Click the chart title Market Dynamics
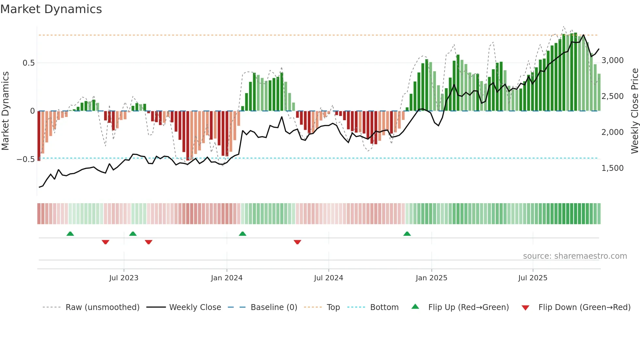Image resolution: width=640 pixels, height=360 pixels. pos(51,9)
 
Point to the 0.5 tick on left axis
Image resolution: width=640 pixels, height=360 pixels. pos(28,63)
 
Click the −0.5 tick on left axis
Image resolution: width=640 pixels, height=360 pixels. pos(26,159)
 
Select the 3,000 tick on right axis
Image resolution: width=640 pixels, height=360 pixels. pos(612,60)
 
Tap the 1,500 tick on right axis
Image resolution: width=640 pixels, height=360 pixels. pos(612,168)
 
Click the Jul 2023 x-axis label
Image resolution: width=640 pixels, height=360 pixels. pos(124,278)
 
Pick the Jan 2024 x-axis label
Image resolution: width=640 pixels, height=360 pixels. pos(227,278)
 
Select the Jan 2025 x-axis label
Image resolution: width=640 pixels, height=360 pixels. pos(431,278)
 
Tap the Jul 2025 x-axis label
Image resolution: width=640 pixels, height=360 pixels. pos(533,278)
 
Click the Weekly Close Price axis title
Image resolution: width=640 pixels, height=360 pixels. pos(634,111)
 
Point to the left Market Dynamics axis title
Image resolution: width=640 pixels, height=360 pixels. pos(5,111)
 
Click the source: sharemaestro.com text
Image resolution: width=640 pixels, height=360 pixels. pos(575,256)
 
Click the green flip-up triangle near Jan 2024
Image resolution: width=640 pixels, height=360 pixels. pos(242,234)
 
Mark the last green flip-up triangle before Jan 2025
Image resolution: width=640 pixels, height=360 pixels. pos(407,234)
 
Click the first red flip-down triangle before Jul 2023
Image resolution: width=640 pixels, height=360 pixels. pos(105,242)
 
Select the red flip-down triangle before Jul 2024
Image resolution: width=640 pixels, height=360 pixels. pos(297,242)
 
